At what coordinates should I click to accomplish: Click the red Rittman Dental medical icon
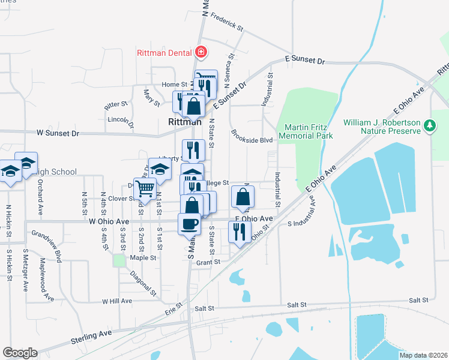tap(200, 52)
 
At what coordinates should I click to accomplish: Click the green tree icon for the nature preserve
tap(429, 125)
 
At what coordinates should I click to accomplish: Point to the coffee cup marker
tap(190, 224)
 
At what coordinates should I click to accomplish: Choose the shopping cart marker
tap(145, 188)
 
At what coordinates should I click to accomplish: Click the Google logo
tap(20, 353)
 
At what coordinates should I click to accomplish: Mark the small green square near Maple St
tap(119, 260)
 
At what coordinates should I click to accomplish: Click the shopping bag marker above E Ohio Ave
tap(242, 197)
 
